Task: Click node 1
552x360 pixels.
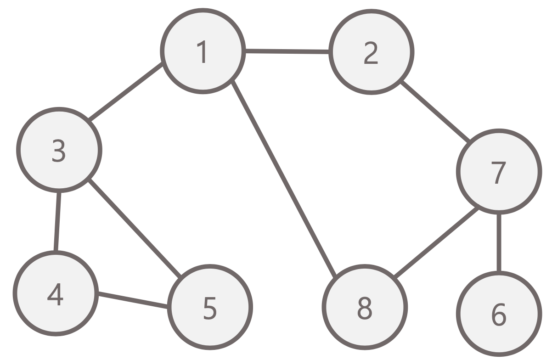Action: coord(202,52)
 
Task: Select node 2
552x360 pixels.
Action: coord(371,53)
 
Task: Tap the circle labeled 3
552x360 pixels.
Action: coord(59,150)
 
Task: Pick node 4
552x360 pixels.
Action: coord(55,294)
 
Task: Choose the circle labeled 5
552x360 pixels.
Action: coord(209,307)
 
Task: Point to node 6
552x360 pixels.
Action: coord(499,314)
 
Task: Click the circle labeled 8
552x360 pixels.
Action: coord(365,307)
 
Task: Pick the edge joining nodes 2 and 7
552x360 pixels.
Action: coord(434,111)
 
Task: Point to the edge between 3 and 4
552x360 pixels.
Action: coord(57,221)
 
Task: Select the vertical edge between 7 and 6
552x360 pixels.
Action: coord(499,242)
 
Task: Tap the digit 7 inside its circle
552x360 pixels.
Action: coord(498,173)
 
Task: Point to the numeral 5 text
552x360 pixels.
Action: coord(209,309)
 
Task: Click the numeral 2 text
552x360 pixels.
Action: coord(371,54)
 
